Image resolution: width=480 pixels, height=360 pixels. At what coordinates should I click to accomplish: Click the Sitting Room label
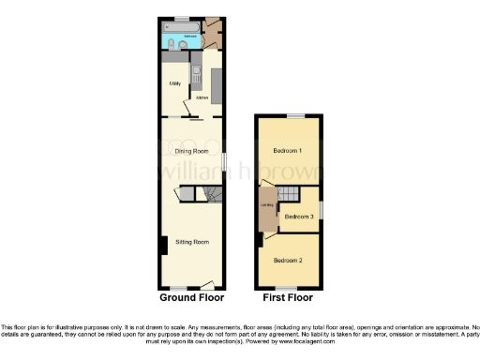(192, 241)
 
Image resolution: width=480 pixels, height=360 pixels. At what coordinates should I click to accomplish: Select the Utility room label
(174, 84)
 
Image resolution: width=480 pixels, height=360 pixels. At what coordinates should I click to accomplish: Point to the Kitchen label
(202, 97)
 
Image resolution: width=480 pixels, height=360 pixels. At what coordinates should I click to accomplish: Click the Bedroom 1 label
(287, 151)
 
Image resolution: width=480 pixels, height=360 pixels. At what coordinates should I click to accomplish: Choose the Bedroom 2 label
(287, 260)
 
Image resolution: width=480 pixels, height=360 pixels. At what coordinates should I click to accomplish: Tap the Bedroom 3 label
(298, 217)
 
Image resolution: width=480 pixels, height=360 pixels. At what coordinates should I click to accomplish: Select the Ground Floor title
(190, 297)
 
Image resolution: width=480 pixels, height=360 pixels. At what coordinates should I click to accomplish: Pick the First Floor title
(288, 297)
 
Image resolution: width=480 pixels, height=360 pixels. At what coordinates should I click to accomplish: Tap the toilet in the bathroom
(168, 46)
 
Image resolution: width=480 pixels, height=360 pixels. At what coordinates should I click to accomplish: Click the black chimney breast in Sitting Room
(163, 246)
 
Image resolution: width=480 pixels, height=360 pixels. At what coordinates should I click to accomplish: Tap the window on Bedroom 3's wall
(321, 208)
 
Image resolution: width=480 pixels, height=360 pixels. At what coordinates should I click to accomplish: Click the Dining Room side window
(224, 161)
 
